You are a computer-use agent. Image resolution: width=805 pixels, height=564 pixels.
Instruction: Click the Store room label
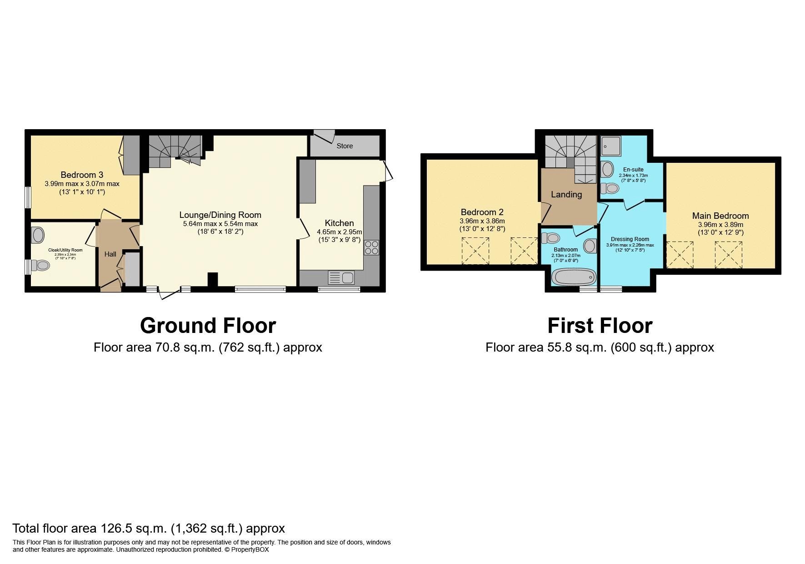pyautogui.click(x=345, y=146)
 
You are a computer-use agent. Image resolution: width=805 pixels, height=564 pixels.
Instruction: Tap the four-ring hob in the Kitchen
pyautogui.click(x=371, y=247)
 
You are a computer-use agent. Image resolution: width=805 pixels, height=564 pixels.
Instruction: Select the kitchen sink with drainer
pyautogui.click(x=341, y=277)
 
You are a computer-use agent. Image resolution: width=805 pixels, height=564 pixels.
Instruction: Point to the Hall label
pyautogui.click(x=110, y=254)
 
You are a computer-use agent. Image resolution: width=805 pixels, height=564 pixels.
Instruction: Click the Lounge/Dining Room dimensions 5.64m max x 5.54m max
pyautogui.click(x=220, y=224)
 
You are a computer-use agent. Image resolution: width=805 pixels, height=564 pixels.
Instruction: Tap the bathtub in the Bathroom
pyautogui.click(x=573, y=277)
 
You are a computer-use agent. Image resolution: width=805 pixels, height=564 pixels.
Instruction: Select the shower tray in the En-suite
pyautogui.click(x=610, y=146)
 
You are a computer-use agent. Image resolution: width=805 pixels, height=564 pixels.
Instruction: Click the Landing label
pyautogui.click(x=566, y=194)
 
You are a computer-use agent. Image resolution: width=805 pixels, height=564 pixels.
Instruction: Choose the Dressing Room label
pyautogui.click(x=630, y=239)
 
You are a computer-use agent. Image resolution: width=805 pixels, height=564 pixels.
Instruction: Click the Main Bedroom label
pyautogui.click(x=720, y=216)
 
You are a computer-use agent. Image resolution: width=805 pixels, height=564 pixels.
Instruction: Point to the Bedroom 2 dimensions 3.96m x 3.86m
pyautogui.click(x=482, y=221)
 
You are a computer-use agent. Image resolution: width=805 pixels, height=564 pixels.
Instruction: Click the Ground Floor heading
pyautogui.click(x=208, y=326)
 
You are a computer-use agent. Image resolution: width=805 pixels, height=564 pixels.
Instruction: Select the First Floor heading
pyautogui.click(x=600, y=326)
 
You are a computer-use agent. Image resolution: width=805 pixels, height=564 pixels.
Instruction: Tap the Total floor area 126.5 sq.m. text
pyautogui.click(x=148, y=528)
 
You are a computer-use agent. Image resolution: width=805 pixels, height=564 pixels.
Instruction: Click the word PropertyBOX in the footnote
pyautogui.click(x=250, y=549)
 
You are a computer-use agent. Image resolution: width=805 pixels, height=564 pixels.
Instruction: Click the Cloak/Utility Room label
pyautogui.click(x=65, y=250)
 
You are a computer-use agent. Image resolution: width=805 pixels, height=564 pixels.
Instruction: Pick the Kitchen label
pyautogui.click(x=339, y=223)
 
